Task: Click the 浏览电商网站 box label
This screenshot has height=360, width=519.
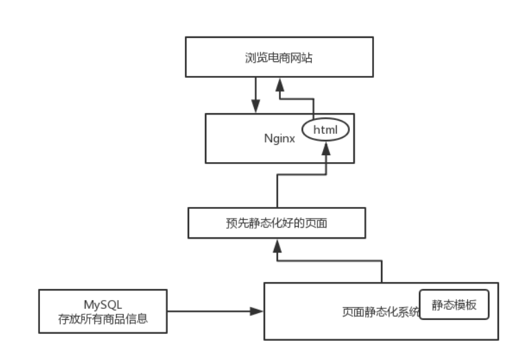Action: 279,59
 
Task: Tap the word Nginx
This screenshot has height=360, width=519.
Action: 280,138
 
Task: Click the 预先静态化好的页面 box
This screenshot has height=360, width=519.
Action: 277,224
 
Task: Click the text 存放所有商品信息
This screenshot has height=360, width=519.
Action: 102,319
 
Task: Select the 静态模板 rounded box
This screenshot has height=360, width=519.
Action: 454,306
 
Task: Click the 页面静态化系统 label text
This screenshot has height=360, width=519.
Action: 381,312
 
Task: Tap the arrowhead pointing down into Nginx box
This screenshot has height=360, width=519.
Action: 255,108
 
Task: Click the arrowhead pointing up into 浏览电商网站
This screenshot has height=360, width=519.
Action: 280,83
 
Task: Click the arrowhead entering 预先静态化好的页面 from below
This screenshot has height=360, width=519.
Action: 277,245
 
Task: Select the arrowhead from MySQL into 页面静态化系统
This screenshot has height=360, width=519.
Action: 257,311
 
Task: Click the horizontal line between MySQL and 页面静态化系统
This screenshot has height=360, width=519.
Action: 207,311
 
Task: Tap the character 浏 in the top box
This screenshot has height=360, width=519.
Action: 250,59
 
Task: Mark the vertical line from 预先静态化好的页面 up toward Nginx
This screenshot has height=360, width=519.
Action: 277,193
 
